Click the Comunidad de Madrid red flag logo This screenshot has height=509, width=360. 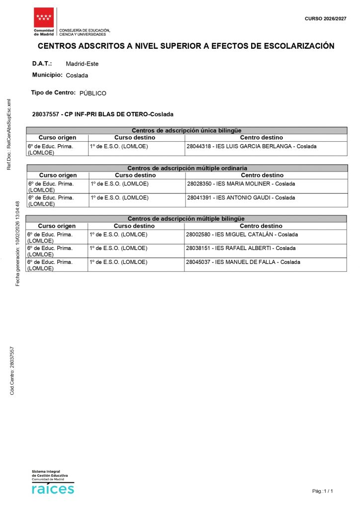click(x=44, y=17)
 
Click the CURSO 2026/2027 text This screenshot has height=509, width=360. click(x=325, y=18)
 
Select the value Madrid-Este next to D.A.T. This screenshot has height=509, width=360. click(x=82, y=64)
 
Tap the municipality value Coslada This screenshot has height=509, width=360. click(x=77, y=76)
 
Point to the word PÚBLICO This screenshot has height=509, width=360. click(x=92, y=93)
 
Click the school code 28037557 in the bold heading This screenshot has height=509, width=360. click(x=45, y=114)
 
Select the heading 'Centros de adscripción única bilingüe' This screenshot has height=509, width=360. click(x=186, y=130)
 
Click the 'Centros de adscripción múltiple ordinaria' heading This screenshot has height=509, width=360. click(x=187, y=168)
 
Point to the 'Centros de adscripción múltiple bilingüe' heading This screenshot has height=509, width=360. click(x=186, y=219)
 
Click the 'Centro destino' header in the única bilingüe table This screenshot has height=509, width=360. click(x=261, y=138)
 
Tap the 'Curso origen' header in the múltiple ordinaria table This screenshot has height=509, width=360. click(x=58, y=175)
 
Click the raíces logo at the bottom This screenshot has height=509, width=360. click(x=52, y=488)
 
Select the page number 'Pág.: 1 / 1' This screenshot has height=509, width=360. click(x=322, y=491)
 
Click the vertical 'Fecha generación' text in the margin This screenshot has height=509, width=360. click(x=18, y=244)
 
